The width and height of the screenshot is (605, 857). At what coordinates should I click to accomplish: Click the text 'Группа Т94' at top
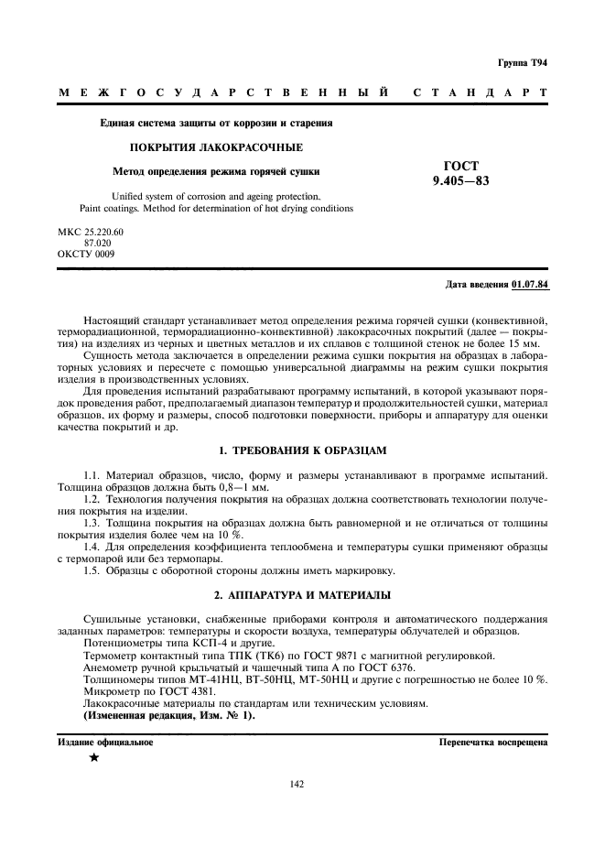tap(523, 62)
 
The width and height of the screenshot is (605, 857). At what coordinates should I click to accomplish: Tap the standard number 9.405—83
tap(460, 180)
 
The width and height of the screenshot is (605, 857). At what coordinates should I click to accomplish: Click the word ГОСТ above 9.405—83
tap(460, 166)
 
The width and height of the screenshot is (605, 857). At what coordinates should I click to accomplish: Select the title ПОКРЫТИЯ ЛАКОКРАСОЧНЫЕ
tap(215, 146)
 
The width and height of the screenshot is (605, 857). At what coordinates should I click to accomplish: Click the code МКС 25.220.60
tap(90, 232)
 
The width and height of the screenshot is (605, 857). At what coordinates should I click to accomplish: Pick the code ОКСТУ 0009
tap(86, 254)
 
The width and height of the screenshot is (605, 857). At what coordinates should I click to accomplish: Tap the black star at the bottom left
tap(93, 759)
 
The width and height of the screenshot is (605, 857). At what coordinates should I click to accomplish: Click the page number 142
tap(297, 784)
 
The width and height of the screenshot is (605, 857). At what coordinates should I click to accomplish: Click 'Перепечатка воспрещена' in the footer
tap(492, 743)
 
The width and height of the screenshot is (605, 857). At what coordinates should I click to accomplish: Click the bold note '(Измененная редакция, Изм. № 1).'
tap(169, 715)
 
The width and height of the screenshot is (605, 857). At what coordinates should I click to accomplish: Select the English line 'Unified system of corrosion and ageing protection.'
tap(215, 196)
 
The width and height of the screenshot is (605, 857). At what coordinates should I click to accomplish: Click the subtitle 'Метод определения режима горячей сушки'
tap(216, 170)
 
